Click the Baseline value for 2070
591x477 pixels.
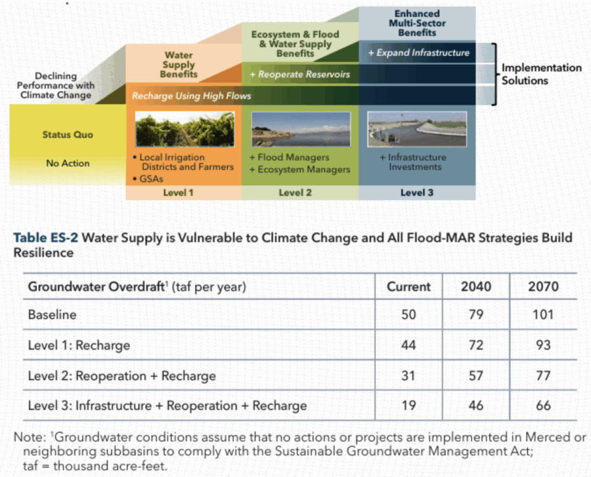click(543, 314)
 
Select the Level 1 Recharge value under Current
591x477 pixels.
click(408, 344)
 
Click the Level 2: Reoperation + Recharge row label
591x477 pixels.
click(121, 375)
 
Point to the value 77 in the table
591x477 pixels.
click(543, 375)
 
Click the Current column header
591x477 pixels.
click(408, 287)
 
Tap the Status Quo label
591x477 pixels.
click(68, 135)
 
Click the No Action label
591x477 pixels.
click(68, 163)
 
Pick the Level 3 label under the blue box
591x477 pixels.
click(417, 193)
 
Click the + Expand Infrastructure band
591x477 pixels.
click(423, 52)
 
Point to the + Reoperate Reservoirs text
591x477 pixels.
click(304, 74)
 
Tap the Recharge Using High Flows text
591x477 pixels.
click(191, 96)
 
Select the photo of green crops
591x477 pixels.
click(184, 129)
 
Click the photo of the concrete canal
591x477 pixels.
click(416, 129)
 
